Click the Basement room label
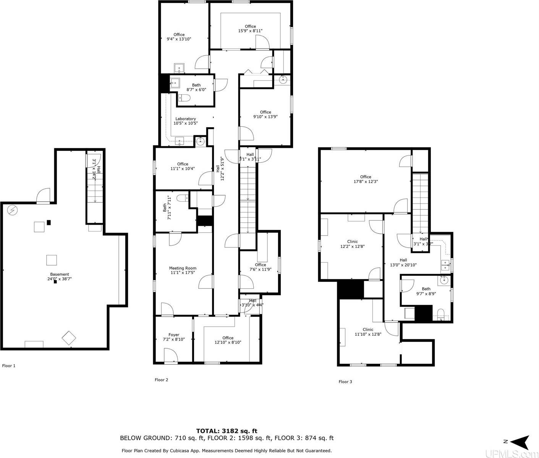pyautogui.click(x=59, y=277)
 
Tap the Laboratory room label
pyautogui.click(x=185, y=121)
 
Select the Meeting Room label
pyautogui.click(x=183, y=270)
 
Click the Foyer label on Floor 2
pyautogui.click(x=174, y=337)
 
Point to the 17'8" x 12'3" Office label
pyautogui.click(x=366, y=179)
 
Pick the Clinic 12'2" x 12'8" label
pyautogui.click(x=352, y=244)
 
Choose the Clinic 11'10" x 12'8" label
pyautogui.click(x=367, y=332)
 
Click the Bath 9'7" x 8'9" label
pyautogui.click(x=426, y=291)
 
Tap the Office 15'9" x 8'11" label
pyautogui.click(x=250, y=29)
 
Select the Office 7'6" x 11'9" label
pyautogui.click(x=261, y=267)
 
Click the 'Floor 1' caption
pyautogui.click(x=9, y=366)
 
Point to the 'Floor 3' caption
pyautogui.click(x=345, y=382)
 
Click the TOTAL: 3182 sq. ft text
pyautogui.click(x=229, y=431)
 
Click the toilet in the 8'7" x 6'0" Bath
pyautogui.click(x=184, y=99)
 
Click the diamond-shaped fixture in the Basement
pyautogui.click(x=69, y=338)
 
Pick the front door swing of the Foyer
pyautogui.click(x=171, y=356)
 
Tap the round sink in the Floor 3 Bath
pyautogui.click(x=444, y=280)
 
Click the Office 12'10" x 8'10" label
pyautogui.click(x=228, y=340)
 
